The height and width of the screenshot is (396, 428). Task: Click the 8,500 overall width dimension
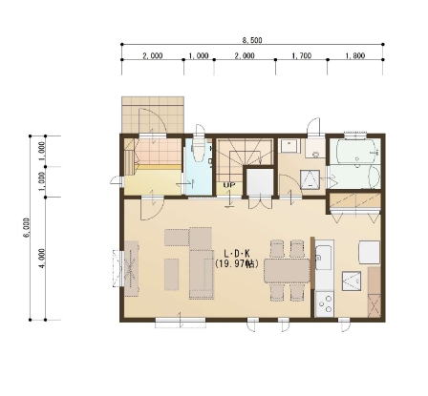pyautogui.click(x=252, y=40)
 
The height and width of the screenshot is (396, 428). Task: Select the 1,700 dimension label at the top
pyautogui.click(x=301, y=55)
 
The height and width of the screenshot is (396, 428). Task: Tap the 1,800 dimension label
pyautogui.click(x=355, y=55)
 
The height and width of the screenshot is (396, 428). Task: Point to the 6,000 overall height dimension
pyautogui.click(x=27, y=227)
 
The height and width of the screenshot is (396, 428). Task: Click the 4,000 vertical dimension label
pyautogui.click(x=42, y=259)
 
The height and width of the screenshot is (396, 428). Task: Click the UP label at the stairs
pyautogui.click(x=229, y=185)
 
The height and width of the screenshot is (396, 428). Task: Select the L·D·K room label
pyautogui.click(x=237, y=254)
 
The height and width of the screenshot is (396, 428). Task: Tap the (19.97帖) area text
pyautogui.click(x=236, y=263)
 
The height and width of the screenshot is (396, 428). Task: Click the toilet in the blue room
pyautogui.click(x=200, y=150)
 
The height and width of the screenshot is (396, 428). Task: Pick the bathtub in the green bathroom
pyautogui.click(x=355, y=151)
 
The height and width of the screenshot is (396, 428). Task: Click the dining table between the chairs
pyautogui.click(x=287, y=270)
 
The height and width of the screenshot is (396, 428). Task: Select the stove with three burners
pyautogui.click(x=325, y=303)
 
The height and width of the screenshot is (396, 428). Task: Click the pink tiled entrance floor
pyautogui.click(x=158, y=151)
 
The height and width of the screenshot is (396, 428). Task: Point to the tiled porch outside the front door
pyautogui.click(x=153, y=115)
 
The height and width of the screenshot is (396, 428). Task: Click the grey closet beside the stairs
pyautogui.click(x=260, y=182)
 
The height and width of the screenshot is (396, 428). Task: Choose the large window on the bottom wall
pyautogui.click(x=181, y=322)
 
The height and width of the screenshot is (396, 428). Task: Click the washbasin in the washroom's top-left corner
pyautogui.click(x=289, y=146)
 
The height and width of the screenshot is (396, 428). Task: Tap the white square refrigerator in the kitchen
pyautogui.click(x=370, y=252)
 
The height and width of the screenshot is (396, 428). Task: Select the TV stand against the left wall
pyautogui.click(x=131, y=269)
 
